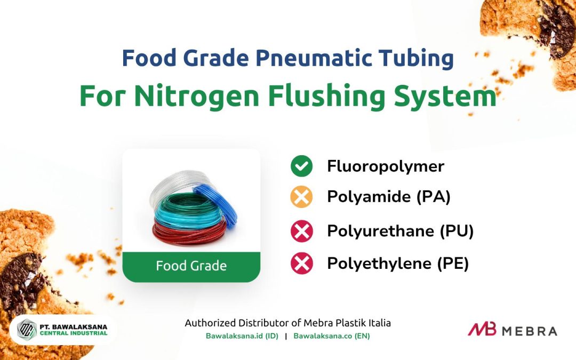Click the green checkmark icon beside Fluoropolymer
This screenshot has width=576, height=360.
tap(301, 166)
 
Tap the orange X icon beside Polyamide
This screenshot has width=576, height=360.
tap(301, 197)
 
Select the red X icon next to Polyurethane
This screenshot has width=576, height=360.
tap(301, 231)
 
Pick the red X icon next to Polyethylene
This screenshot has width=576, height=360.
tap(301, 263)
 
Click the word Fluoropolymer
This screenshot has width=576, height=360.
tap(386, 166)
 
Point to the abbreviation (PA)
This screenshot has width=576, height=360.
tap(434, 197)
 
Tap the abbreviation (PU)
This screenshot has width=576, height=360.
tap(457, 231)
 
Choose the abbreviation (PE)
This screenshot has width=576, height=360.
tap(453, 263)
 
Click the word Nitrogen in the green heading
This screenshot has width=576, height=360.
tap(197, 96)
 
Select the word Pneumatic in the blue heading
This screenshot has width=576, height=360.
tap(314, 58)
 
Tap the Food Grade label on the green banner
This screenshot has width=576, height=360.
tap(191, 266)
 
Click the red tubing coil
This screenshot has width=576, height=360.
tap(189, 231)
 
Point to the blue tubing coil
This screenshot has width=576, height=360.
tap(217, 204)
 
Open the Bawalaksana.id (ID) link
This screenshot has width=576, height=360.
tap(242, 336)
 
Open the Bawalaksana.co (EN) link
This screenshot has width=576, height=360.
tap(332, 336)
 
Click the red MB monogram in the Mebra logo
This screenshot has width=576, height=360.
tap(482, 329)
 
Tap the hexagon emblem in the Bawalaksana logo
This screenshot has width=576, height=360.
tap(27, 330)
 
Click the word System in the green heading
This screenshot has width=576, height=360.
tap(445, 96)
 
